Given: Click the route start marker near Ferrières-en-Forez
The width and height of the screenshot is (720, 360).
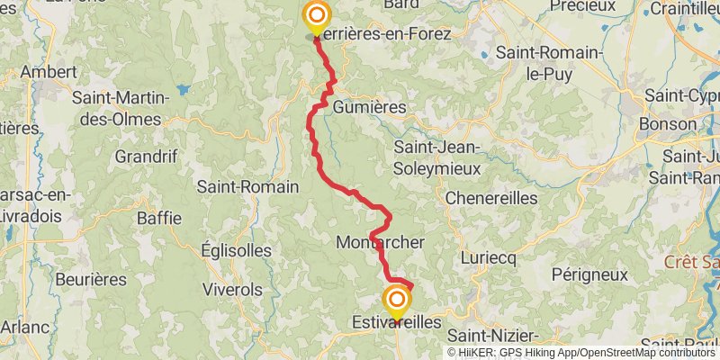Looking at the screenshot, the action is tap(317, 16).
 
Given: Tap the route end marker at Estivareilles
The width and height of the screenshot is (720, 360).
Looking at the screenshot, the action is tap(396, 300).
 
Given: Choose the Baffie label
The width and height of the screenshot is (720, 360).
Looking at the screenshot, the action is tap(159, 218).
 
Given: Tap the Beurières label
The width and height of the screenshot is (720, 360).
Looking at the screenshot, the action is tap(91, 279).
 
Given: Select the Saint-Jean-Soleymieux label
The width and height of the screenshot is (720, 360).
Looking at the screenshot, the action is tap(438, 157).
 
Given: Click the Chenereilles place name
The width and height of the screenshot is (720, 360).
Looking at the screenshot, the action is tap(490, 197).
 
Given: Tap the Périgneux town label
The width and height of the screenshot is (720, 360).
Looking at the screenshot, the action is tap(589, 274).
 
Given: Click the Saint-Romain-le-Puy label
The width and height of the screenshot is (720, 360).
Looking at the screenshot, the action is tap(549, 63).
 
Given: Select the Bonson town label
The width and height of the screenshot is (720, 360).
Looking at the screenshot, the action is tap(667, 123).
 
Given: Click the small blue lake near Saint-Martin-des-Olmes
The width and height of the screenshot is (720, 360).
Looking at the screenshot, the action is tap(184, 90).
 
